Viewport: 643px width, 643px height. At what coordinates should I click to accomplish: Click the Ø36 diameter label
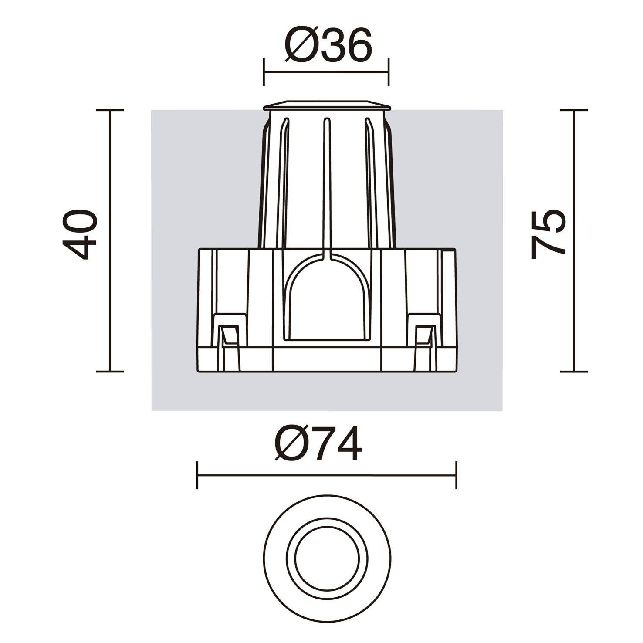click(x=328, y=44)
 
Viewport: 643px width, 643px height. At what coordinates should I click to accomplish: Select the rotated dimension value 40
click(x=79, y=234)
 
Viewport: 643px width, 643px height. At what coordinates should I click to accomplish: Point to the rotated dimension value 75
click(x=548, y=234)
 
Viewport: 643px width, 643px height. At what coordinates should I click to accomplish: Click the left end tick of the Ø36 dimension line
click(x=264, y=71)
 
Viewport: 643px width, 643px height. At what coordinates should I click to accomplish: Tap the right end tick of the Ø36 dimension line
click(x=388, y=71)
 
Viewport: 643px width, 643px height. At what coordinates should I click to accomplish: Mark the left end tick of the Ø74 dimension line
click(x=197, y=475)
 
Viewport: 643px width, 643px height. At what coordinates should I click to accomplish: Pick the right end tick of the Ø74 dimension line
click(x=456, y=475)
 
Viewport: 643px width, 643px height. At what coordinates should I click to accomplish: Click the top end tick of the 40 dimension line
click(x=110, y=110)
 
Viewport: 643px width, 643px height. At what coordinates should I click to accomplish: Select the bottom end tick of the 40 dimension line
click(x=110, y=372)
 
